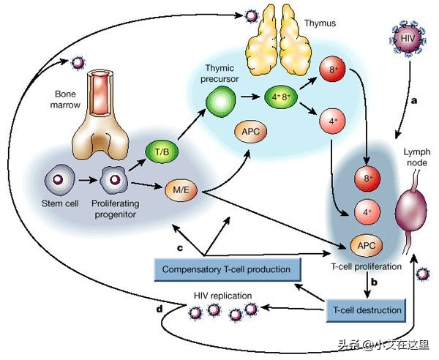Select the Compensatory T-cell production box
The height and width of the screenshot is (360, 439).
tap(228, 269)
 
